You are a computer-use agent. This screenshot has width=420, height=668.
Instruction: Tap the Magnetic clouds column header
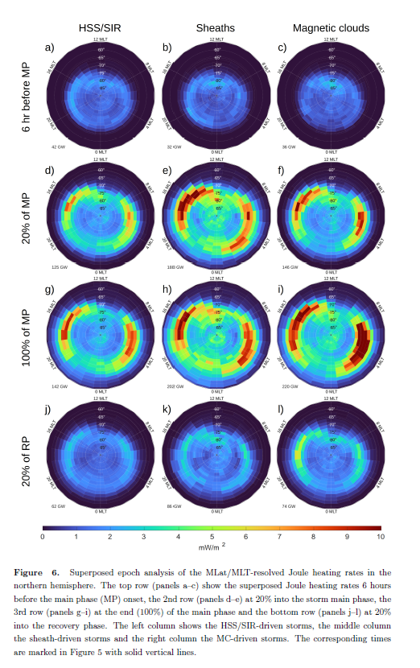coord(331,28)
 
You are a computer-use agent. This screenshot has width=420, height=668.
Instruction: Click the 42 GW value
coord(58,147)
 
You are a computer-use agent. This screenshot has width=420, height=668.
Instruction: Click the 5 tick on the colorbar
coord(212,536)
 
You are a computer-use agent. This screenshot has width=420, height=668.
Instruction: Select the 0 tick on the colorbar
coord(43,536)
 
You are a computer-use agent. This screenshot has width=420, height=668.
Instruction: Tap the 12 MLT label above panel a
coord(101,39)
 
